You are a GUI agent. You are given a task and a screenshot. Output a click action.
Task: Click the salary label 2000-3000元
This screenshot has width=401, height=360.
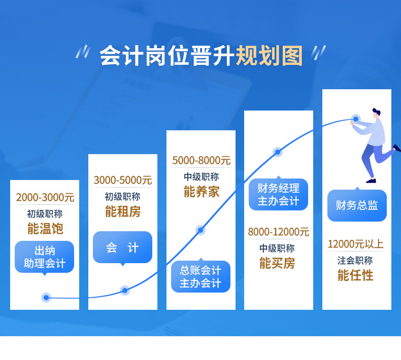coord(45,197)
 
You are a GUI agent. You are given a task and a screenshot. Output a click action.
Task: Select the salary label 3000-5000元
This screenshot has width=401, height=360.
coord(122,180)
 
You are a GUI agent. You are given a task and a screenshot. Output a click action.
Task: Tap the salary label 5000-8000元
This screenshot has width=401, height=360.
coord(201,161)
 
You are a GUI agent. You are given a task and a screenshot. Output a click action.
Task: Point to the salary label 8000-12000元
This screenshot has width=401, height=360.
coord(278,232)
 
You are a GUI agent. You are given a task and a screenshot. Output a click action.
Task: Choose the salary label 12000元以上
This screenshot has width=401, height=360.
coord(355,244)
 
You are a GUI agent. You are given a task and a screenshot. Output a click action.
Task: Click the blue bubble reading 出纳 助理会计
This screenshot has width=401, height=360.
coord(45,257)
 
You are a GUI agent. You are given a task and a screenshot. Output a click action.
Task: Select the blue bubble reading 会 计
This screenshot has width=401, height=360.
coord(122,247)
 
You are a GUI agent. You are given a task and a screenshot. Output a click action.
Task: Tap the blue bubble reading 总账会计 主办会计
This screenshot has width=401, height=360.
coord(201,276)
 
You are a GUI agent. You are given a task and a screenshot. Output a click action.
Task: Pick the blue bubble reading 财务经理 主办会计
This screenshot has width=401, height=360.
coord(278,194)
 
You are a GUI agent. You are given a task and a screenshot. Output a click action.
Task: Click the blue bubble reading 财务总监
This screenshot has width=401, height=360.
coord(357,205)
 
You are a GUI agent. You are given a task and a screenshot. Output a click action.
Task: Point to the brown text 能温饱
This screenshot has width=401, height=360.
coord(45,228)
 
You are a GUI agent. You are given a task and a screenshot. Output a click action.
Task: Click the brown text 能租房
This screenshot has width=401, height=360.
coord(122,211)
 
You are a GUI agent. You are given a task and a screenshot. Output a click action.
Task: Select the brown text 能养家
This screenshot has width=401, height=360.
coord(201,192)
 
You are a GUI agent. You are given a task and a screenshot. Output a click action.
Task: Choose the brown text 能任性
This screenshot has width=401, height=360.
coord(355,275)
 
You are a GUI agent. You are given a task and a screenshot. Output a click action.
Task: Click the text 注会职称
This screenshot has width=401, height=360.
coord(355,260)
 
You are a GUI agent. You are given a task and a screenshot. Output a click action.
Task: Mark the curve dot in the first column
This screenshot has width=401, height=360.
coord(47,298)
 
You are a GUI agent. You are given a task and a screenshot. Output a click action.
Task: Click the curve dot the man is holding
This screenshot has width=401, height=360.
coord(356,120)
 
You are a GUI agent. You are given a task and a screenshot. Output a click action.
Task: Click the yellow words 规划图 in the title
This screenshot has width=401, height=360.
coord(269,55)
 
